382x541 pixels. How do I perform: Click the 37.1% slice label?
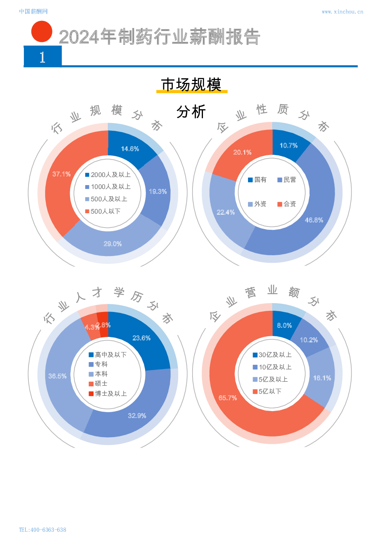tap(62, 174)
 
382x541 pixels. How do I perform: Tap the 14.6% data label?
tap(130, 149)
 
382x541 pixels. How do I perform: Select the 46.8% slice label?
tap(314, 220)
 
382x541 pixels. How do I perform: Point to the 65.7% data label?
tap(228, 398)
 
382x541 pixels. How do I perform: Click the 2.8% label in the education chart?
tap(104, 325)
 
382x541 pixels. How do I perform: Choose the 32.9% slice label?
tap(137, 416)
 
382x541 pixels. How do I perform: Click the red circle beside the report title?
tap(42, 32)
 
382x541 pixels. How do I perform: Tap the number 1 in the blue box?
tap(42, 57)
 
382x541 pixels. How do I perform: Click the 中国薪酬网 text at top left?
tap(34, 12)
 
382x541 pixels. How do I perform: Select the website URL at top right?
tap(342, 12)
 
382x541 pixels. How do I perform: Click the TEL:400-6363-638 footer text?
tap(42, 530)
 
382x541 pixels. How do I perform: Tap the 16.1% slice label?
tap(322, 378)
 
